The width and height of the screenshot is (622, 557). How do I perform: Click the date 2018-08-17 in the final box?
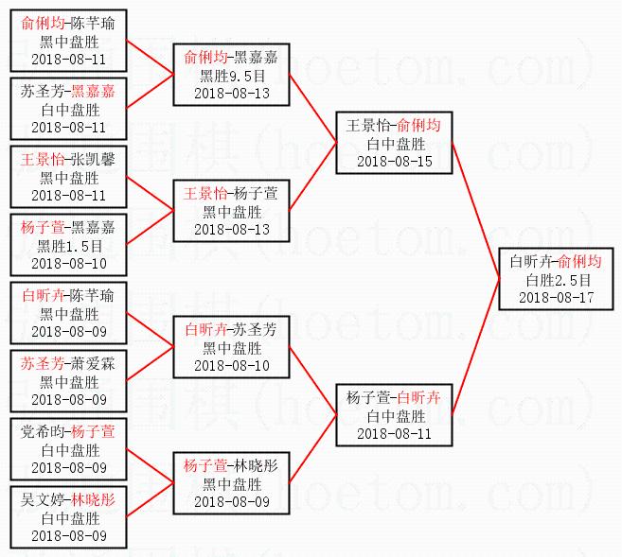556,297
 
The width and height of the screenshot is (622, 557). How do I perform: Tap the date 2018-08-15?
394,161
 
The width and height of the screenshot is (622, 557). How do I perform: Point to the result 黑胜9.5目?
232,76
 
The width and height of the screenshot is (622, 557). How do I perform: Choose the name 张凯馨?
93,159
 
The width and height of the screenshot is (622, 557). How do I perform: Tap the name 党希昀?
43,431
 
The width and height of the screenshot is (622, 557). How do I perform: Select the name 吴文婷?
43,499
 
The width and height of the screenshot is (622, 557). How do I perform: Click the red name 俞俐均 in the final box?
578,261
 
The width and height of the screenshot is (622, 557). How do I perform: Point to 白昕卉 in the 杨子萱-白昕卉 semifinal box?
418,397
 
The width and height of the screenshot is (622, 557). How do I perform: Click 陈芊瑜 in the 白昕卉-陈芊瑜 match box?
93,295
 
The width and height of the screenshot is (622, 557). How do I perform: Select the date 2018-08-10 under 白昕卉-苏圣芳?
232,365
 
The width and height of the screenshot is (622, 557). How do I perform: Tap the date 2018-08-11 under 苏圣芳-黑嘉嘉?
68,127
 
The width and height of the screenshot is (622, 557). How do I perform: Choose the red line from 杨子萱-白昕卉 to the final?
476,350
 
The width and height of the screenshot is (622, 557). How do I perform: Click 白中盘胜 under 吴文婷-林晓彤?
68,518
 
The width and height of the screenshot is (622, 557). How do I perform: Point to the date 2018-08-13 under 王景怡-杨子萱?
232,229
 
